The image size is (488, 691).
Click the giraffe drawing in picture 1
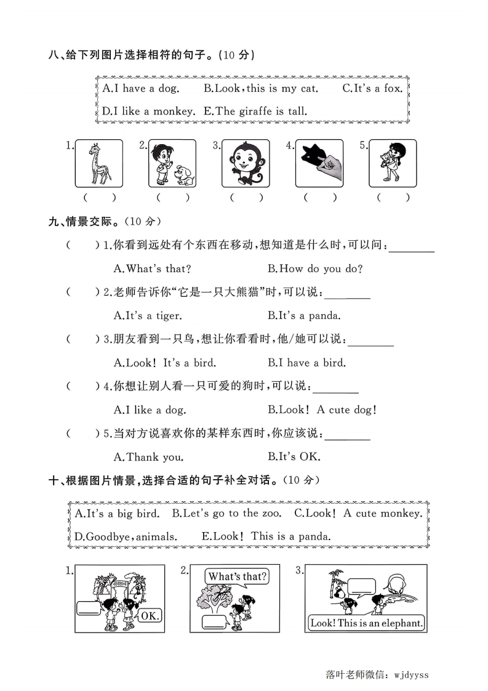pos(98,163)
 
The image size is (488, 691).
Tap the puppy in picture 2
pos(183,174)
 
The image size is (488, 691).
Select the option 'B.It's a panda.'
pos(304,315)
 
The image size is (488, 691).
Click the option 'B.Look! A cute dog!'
pos(322,410)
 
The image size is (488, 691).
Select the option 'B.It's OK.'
pos(294,457)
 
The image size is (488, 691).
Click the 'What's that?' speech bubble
pos(237,577)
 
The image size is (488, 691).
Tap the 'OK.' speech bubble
pos(150,615)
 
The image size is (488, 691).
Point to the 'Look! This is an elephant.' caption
pos(367,623)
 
